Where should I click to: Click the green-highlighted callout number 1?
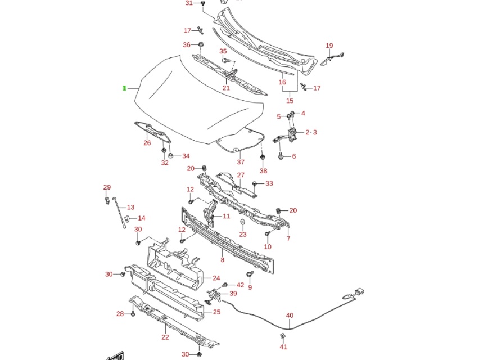124,88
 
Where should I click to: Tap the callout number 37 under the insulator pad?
241,162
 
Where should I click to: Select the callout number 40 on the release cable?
290,316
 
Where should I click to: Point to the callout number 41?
283,347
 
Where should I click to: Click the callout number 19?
329,46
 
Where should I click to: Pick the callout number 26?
147,143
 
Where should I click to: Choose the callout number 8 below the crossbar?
223,260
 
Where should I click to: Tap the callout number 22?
165,337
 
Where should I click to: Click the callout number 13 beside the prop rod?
131,207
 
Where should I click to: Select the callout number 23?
243,235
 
